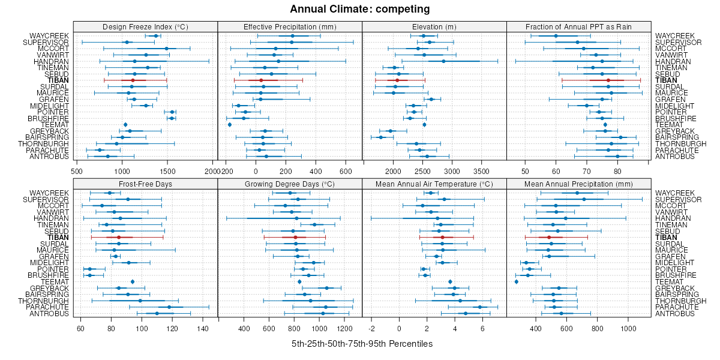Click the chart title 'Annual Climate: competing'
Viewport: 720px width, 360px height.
(360, 9)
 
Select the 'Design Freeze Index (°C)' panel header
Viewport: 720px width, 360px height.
(145, 26)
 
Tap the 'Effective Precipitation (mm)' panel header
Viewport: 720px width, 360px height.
(290, 26)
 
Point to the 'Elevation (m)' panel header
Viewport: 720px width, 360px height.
(434, 26)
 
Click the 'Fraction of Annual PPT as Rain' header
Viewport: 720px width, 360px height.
(578, 26)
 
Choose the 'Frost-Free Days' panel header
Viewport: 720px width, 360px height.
(145, 184)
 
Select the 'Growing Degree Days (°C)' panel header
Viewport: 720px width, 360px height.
(290, 184)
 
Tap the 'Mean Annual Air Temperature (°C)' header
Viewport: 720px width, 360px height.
(434, 184)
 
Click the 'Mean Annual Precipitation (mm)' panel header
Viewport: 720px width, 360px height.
(578, 184)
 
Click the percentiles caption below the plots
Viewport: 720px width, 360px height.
(362, 344)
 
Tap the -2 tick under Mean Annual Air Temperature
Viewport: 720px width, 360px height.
(372, 328)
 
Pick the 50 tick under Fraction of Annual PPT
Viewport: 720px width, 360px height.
(526, 171)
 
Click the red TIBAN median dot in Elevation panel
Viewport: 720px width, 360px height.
(397, 80)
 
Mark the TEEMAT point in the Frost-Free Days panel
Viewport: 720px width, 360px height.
(133, 281)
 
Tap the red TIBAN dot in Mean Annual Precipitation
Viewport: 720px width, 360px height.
(549, 237)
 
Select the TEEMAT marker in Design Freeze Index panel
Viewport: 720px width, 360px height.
(125, 125)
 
